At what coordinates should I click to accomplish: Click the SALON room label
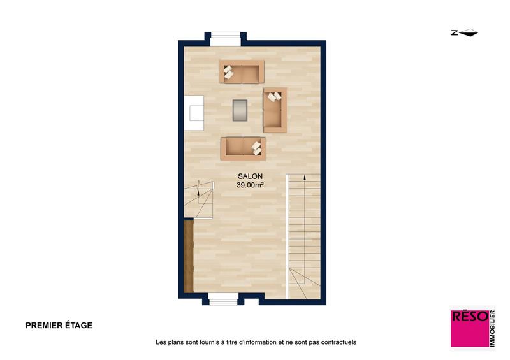pos(250,176)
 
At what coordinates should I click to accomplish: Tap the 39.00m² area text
pos(251,185)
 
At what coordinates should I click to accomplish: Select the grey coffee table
pos(240,110)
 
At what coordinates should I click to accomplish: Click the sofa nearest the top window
pos(242,72)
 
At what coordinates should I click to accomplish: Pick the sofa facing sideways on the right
pos(275,109)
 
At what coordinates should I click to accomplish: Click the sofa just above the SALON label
pos(243,148)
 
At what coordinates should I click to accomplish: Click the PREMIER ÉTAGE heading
pos(59,325)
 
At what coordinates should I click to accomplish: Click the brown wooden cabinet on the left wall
pos(188,256)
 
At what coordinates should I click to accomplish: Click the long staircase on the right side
pos(305,236)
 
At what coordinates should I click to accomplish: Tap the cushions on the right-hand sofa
pos(275,97)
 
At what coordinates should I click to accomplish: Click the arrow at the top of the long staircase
pos(305,180)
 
